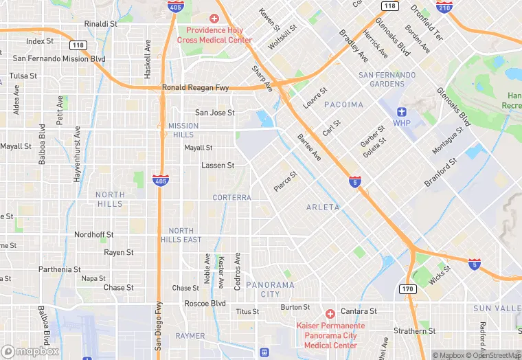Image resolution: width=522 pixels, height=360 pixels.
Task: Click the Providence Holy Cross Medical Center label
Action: (x=214, y=35)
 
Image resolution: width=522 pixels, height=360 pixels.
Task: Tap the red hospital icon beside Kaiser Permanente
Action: (x=330, y=313)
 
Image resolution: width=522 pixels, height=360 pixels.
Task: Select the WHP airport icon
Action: (x=402, y=111)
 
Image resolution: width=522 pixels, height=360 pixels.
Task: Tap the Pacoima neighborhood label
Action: (x=341, y=104)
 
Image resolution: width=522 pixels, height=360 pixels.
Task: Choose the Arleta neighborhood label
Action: (x=323, y=207)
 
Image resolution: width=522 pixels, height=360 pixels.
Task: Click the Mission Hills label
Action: (x=183, y=130)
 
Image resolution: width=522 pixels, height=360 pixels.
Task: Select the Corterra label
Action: (x=231, y=197)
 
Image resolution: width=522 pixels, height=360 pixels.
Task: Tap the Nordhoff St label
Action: (x=93, y=234)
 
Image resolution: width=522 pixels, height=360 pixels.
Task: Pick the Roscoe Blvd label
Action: (x=205, y=303)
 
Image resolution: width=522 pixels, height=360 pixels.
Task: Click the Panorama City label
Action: (x=270, y=289)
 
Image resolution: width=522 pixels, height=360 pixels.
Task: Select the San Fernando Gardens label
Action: (x=387, y=79)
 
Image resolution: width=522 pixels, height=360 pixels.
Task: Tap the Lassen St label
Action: (x=218, y=166)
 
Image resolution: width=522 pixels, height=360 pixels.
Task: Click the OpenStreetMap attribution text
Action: (x=492, y=355)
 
